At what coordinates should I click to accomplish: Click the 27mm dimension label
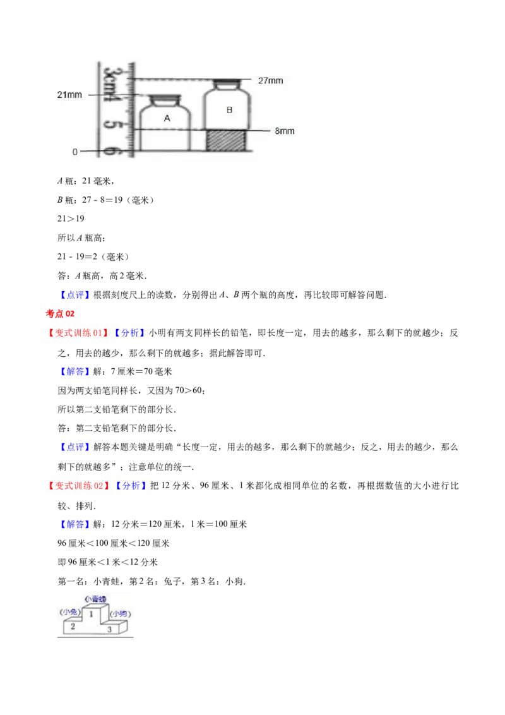(270, 80)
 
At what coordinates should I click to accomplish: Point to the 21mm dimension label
(69, 95)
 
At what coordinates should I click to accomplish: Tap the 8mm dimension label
(285, 131)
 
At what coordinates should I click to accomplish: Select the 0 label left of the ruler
(75, 152)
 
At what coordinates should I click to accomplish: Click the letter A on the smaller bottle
(167, 118)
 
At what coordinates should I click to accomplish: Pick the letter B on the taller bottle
(229, 110)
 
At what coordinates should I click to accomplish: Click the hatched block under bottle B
(225, 140)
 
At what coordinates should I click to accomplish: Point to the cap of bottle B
(226, 82)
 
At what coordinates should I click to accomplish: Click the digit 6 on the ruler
(111, 150)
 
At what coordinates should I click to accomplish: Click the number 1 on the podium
(91, 614)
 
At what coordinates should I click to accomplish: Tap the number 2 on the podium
(73, 627)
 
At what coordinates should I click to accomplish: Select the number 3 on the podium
(109, 629)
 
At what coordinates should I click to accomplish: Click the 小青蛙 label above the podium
(95, 598)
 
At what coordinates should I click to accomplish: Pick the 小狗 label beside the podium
(120, 613)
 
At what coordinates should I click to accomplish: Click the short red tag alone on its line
(61, 313)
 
